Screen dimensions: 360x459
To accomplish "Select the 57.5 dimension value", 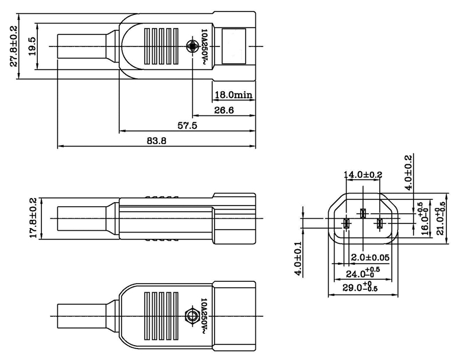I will click(x=187, y=126).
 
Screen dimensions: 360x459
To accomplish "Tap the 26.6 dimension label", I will click(x=223, y=110).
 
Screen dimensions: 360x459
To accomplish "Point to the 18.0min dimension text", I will click(x=234, y=95).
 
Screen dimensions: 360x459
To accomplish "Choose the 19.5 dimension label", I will click(x=33, y=47).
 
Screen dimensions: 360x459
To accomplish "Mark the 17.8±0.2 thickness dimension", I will click(x=33, y=218).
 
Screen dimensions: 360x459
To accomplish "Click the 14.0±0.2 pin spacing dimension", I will click(x=363, y=175).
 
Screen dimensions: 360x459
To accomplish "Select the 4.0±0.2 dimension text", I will click(x=408, y=173).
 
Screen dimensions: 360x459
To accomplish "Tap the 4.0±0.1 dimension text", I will click(x=298, y=258).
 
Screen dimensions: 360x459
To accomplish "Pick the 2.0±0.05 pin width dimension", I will click(x=371, y=257).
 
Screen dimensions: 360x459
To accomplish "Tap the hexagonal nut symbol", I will click(x=192, y=315).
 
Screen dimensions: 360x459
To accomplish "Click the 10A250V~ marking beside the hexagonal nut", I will click(x=204, y=315).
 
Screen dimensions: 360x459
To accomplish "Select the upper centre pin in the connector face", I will click(x=363, y=214).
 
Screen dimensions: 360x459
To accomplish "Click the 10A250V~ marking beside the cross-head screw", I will click(x=204, y=47).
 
